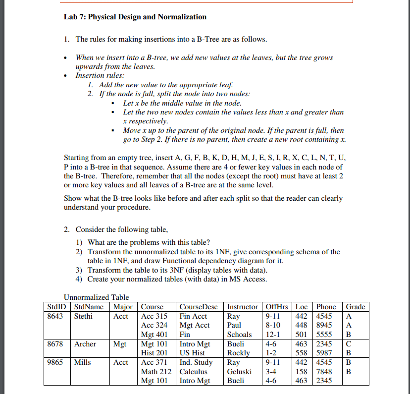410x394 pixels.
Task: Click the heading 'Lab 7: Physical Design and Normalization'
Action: [135, 17]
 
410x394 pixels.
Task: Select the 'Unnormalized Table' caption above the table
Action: [96, 297]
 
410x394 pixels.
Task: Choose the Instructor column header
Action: [242, 307]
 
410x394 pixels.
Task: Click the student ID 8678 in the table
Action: [54, 343]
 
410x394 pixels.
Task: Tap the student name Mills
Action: [83, 362]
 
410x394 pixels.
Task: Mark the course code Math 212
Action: [156, 371]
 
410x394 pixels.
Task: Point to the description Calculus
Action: [194, 371]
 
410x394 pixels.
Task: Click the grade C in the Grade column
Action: [349, 343]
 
